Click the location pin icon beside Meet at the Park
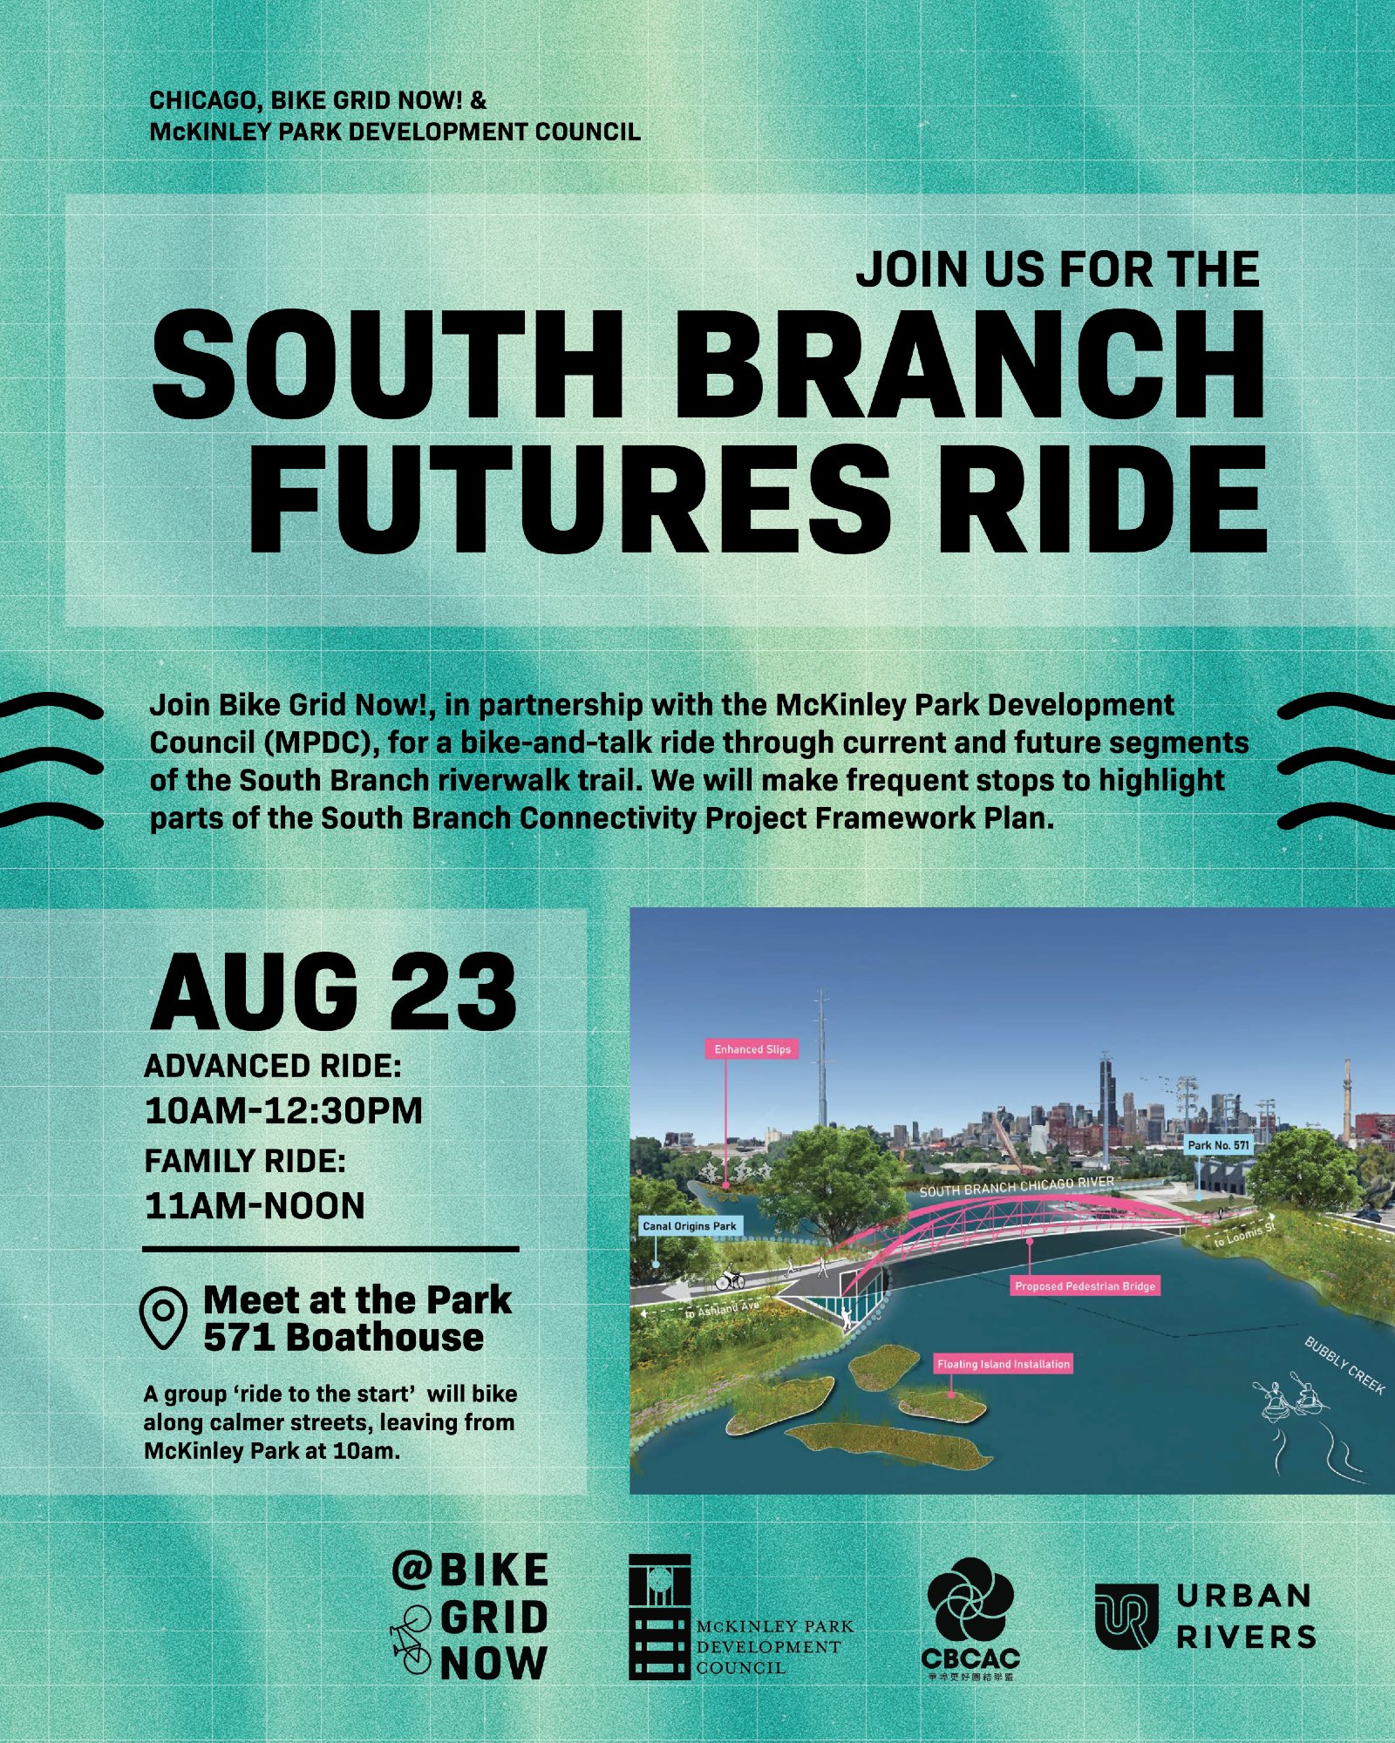point(163,1319)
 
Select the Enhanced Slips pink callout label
point(752,1049)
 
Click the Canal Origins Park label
point(690,1225)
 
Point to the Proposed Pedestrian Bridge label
point(1085,1285)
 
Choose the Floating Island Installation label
point(1003,1364)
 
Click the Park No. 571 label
point(1218,1144)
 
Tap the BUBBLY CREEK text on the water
point(1344,1365)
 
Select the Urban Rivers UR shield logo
point(1126,1617)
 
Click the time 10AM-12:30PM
point(283,1111)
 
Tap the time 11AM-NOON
point(255,1206)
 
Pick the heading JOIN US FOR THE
point(1058,269)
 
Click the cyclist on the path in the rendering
point(730,1278)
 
